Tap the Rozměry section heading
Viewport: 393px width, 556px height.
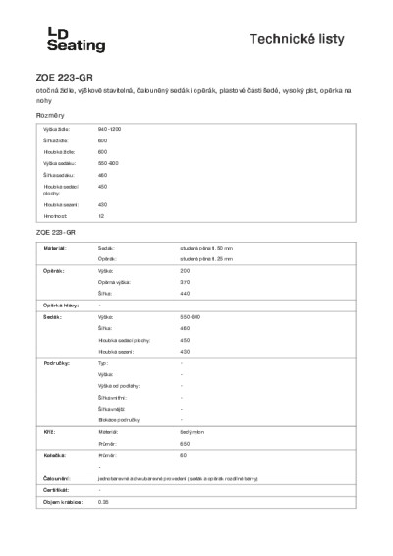pos(49,115)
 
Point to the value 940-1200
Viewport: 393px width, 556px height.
pos(109,130)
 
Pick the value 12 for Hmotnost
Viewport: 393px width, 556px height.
pos(101,214)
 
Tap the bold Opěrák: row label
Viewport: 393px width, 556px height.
pos(52,270)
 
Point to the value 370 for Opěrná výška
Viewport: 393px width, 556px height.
pos(186,281)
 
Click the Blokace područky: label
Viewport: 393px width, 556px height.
pos(119,419)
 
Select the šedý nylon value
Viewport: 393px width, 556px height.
pos(192,431)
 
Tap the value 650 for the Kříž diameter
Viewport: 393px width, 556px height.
pos(186,442)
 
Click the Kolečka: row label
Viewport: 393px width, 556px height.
pos(53,455)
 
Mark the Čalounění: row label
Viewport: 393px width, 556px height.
pos(55,477)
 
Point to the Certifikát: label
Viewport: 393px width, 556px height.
pos(54,489)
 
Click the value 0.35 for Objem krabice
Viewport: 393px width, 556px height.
pos(103,501)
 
